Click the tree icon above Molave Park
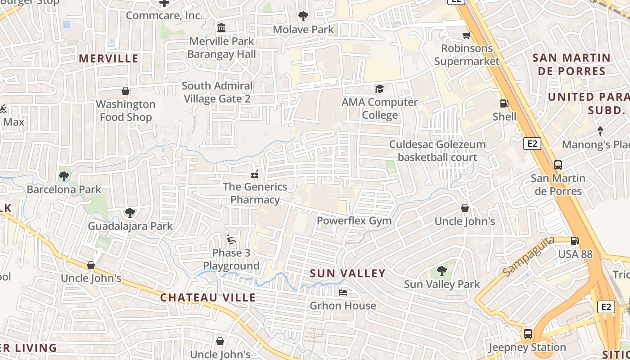pos(303,16)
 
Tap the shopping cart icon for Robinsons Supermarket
pos(467,35)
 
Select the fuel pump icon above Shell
pos(504,103)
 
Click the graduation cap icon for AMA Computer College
pos(379,89)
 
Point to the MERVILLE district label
pos(108,58)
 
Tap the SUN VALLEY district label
pos(348,273)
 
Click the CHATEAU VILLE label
pos(208,297)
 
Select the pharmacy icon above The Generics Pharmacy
pos(255,174)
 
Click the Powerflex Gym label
pos(354,221)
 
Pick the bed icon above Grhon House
pos(343,292)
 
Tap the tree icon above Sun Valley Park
pos(441,271)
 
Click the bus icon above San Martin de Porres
pos(558,165)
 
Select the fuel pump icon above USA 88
pos(575,241)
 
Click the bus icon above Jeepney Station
pos(527,334)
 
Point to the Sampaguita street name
pos(528,257)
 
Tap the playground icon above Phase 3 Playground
pos(231,239)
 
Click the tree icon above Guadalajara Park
pos(130,212)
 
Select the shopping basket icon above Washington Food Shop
pos(125,91)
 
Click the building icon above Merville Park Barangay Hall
pos(221,28)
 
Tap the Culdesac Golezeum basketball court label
pos(437,151)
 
